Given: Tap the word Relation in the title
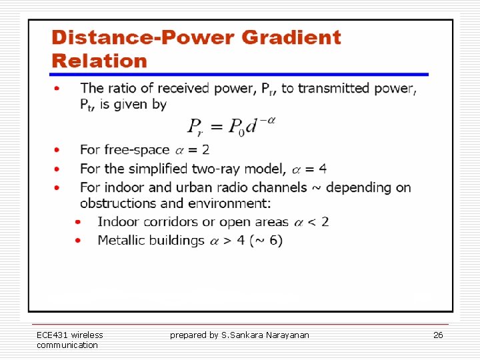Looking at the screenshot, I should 99,61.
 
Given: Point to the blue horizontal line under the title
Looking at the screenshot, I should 239,74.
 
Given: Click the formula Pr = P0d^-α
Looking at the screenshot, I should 231,126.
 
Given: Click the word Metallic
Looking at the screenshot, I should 123,240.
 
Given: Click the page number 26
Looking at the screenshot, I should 438,335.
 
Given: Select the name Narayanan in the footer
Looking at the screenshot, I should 288,335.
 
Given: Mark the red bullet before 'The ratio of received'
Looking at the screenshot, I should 59,88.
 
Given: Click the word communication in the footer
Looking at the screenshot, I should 67,345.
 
